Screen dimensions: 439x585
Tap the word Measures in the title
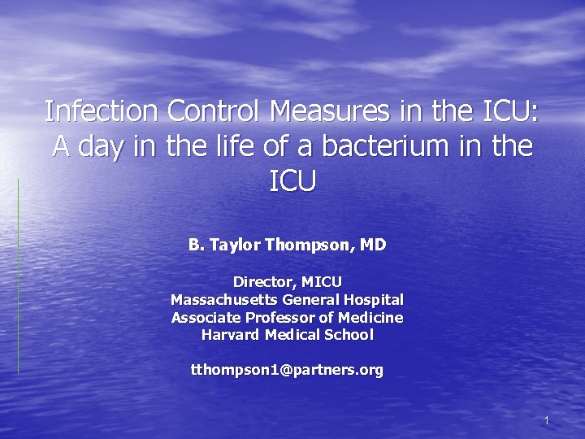327,110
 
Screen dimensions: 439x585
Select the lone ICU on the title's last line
292,181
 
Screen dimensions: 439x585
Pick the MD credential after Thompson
372,244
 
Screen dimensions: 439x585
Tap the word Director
263,281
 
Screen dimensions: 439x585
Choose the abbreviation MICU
322,281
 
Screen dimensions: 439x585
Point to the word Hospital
373,299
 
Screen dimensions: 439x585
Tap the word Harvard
229,334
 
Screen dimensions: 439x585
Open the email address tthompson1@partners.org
287,370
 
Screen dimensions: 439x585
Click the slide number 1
548,420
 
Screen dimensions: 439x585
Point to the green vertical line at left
18,276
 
